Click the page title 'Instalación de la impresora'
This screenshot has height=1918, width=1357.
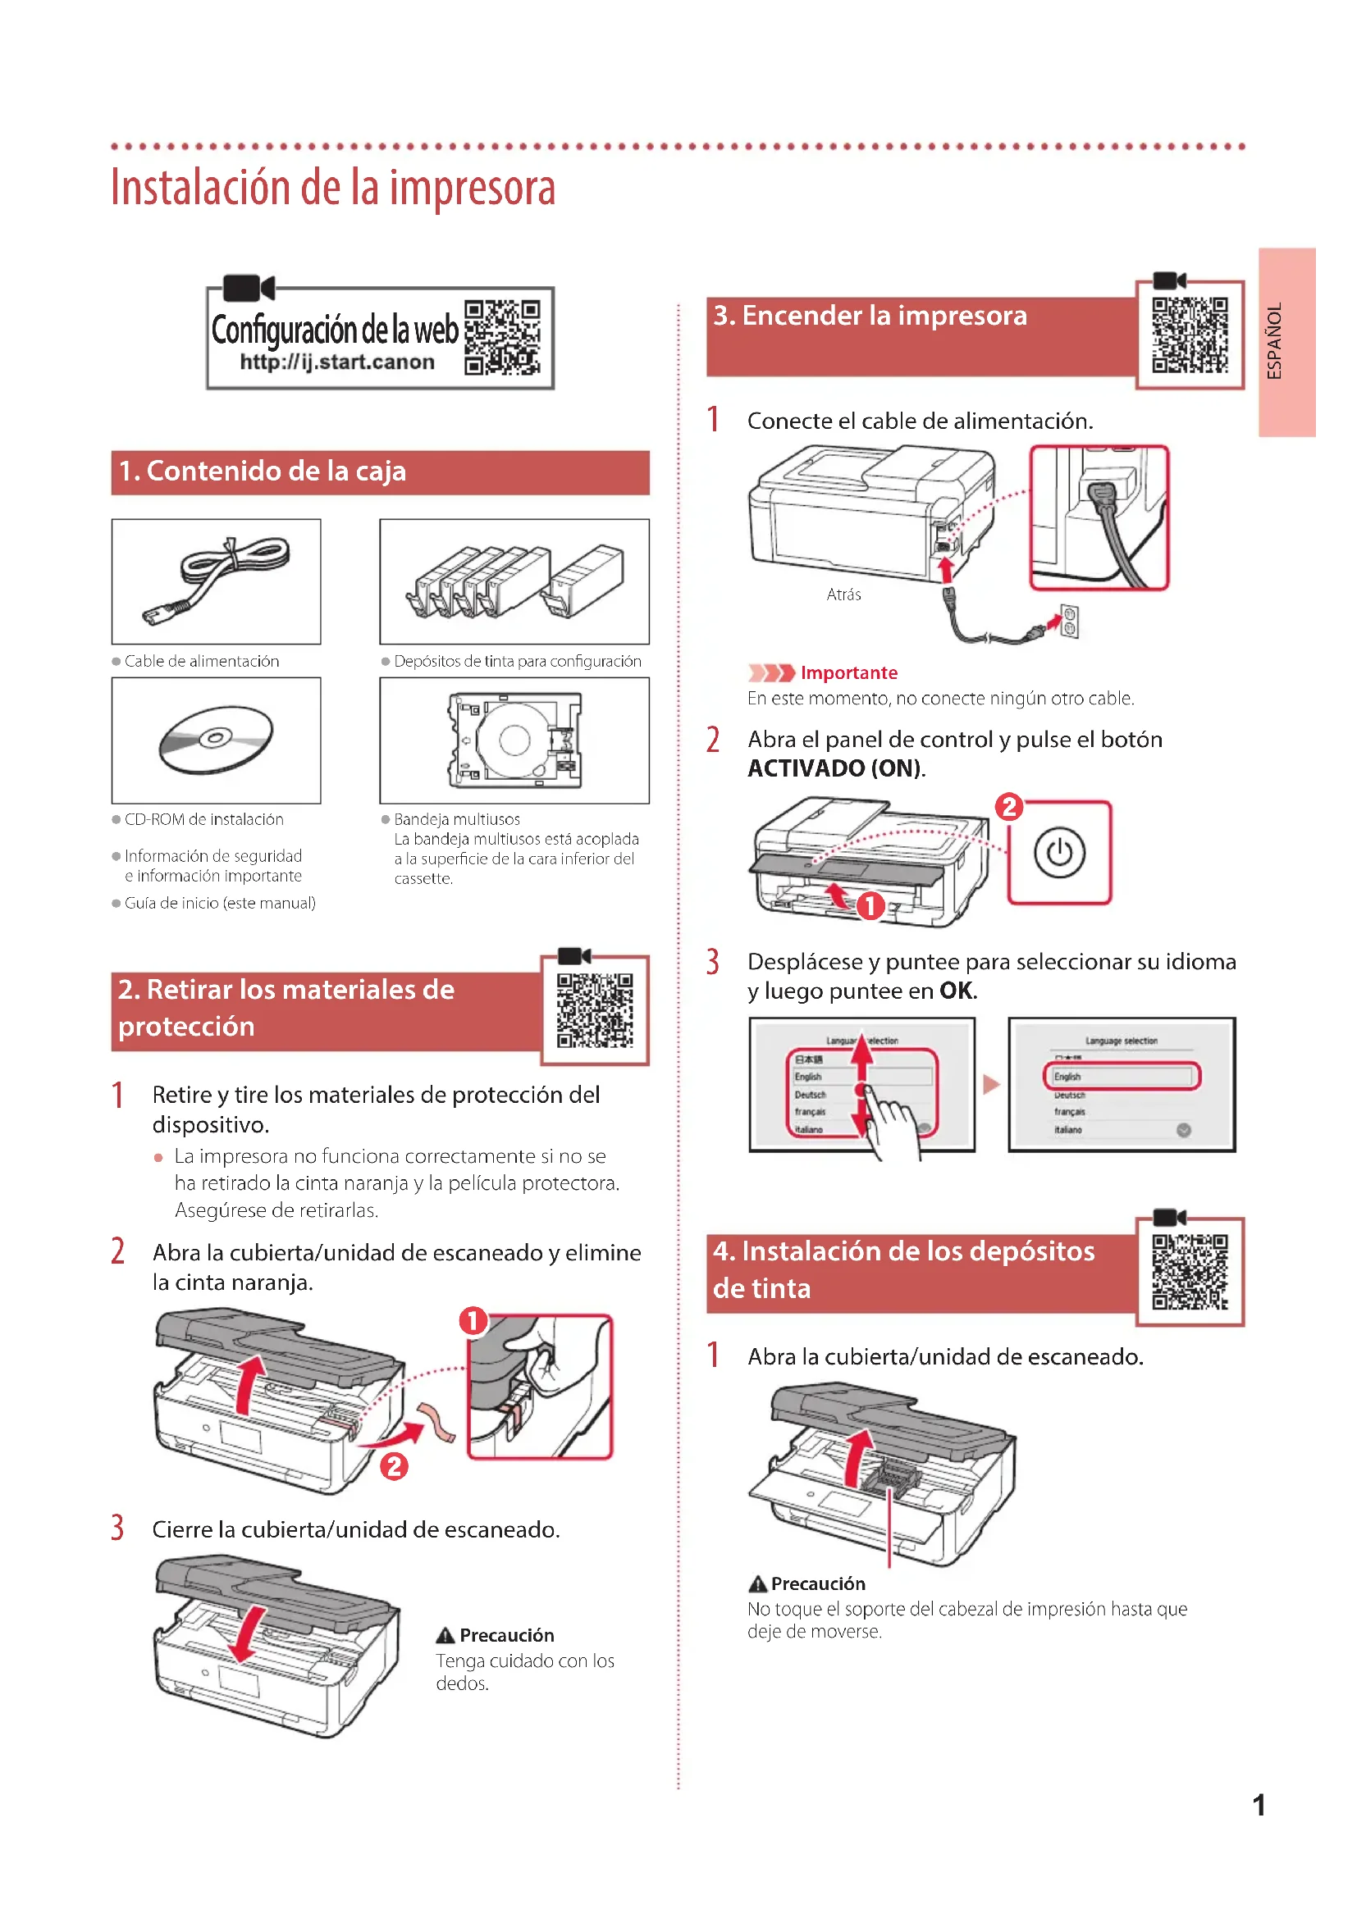coord(332,189)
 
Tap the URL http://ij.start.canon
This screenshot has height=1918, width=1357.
coord(336,362)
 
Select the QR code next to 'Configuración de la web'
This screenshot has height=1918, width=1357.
coord(502,338)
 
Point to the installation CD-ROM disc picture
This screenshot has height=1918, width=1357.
coord(216,739)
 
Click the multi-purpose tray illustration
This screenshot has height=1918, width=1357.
coord(514,740)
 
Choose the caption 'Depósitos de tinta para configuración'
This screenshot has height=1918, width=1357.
coord(517,661)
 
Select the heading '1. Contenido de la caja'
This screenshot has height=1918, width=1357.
coord(263,472)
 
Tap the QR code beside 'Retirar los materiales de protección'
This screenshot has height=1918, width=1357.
coord(595,1010)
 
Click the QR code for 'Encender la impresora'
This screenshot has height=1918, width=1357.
coord(1190,335)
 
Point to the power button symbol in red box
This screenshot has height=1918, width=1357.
coord(1058,853)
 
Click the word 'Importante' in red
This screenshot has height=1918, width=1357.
coord(848,672)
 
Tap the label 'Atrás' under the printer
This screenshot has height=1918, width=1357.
coord(843,595)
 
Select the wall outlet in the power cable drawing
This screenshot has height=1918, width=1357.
coord(1070,621)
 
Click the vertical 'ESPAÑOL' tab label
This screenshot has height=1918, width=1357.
coord(1274,341)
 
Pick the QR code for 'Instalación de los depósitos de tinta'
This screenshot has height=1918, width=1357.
coord(1190,1272)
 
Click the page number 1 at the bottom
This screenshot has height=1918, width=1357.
coord(1259,1806)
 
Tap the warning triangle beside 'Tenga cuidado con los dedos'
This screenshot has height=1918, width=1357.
coord(445,1635)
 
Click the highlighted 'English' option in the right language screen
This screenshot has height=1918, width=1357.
coord(1122,1076)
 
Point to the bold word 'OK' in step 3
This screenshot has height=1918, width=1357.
coord(956,991)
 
